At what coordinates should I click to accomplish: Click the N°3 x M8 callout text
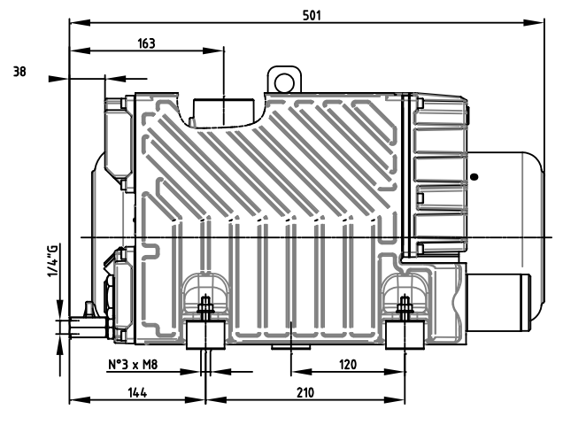coord(133,364)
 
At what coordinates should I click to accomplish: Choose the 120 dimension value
coord(346,364)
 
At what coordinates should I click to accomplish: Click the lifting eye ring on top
coord(283,81)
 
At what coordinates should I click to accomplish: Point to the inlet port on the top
coord(223,112)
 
